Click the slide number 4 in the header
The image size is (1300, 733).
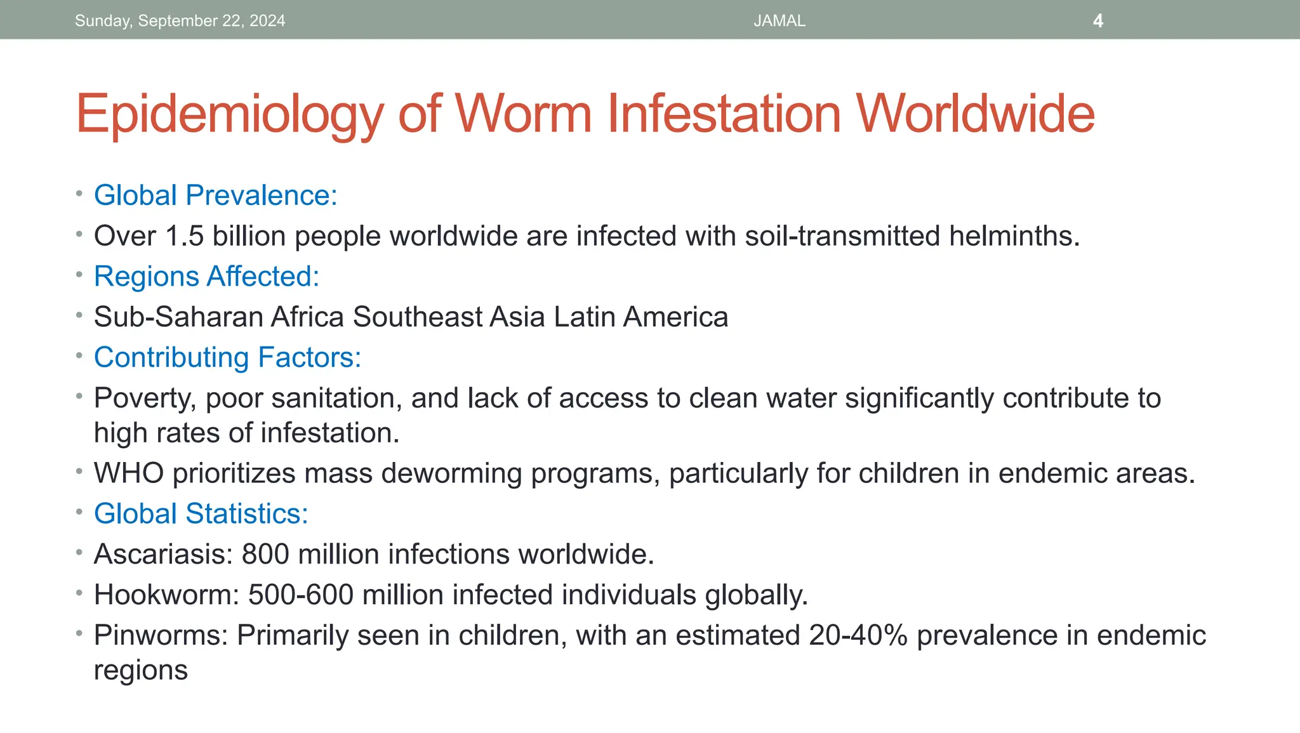[x=1098, y=21]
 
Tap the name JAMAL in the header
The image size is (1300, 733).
[x=779, y=21]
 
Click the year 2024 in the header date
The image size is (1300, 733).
[x=267, y=21]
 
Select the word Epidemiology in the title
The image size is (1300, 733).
[x=229, y=114]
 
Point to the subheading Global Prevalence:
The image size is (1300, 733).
[x=215, y=195]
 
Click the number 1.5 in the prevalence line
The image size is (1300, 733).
[x=184, y=236]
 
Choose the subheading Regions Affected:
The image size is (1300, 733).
[x=206, y=277]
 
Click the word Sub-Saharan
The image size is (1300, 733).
[x=178, y=317]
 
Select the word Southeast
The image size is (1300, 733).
[x=418, y=317]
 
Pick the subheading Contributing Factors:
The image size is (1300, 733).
[x=227, y=358]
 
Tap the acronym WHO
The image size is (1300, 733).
[x=129, y=473]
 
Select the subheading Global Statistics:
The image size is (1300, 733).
[x=201, y=514]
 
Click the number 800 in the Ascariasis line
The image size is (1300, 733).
[x=266, y=555]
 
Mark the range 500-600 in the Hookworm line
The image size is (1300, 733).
[x=300, y=595]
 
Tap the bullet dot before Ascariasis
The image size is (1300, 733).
[x=79, y=552]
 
